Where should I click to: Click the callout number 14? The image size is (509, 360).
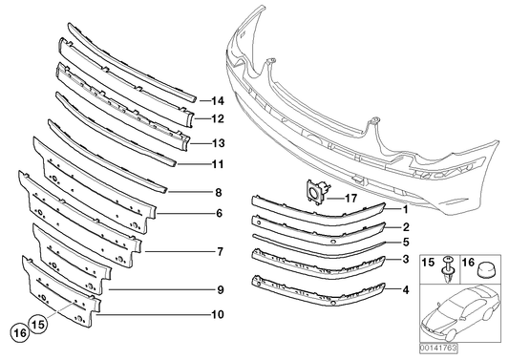coord(218,101)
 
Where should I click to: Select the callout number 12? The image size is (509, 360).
coord(218,118)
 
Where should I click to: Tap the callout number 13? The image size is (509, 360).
coord(218,143)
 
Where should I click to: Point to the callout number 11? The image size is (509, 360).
coord(218,164)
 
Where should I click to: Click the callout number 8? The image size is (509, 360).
coord(219,193)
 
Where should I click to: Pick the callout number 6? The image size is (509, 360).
coord(219,213)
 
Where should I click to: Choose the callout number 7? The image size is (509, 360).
coord(220,251)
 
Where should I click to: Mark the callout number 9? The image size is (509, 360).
coord(221,289)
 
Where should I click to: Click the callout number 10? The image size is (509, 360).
coord(218,314)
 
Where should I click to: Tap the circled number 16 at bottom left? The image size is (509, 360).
coord(20,332)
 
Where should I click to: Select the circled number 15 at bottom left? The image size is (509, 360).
coord(38,324)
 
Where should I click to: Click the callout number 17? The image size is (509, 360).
coord(350,198)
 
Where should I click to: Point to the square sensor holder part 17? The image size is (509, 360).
coord(317,193)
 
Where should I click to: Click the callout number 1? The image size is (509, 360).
coord(406,210)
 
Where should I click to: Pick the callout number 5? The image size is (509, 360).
coord(406,243)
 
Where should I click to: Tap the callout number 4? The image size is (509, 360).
coord(406,289)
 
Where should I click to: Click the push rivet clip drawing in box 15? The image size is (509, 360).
coord(448,269)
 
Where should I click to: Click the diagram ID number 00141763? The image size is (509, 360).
coord(438,349)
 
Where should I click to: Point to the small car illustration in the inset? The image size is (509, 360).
coord(460,312)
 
